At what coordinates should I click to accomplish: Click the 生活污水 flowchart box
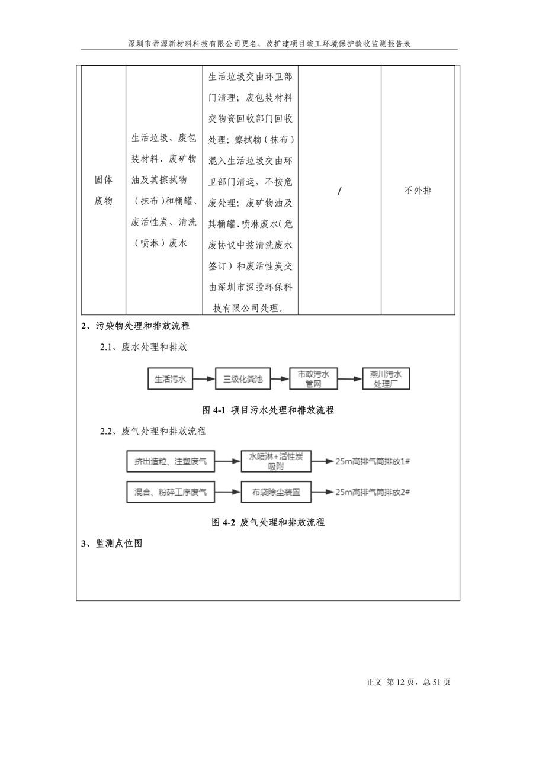170,378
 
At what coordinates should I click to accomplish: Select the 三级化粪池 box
243,378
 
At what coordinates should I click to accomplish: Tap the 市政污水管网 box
313,378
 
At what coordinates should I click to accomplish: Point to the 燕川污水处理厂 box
386,378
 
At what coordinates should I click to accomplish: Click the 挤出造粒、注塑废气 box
171,461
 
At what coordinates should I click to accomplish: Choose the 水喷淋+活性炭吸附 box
276,461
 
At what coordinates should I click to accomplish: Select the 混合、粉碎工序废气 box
171,492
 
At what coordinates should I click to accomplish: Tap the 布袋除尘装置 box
276,492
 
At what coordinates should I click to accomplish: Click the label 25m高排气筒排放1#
373,461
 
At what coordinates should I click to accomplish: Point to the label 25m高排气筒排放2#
373,492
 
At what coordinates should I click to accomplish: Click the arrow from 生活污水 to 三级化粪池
204,378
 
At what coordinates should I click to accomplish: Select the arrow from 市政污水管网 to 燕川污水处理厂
350,378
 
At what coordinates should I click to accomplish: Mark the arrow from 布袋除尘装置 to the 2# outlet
323,492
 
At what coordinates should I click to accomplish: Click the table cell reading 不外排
418,191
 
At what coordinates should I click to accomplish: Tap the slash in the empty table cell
339,191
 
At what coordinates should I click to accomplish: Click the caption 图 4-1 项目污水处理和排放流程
268,410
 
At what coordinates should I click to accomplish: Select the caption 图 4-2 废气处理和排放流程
268,522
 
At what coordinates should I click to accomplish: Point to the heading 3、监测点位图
112,544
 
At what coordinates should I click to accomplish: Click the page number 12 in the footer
400,682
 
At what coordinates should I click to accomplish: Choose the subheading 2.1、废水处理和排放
143,347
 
